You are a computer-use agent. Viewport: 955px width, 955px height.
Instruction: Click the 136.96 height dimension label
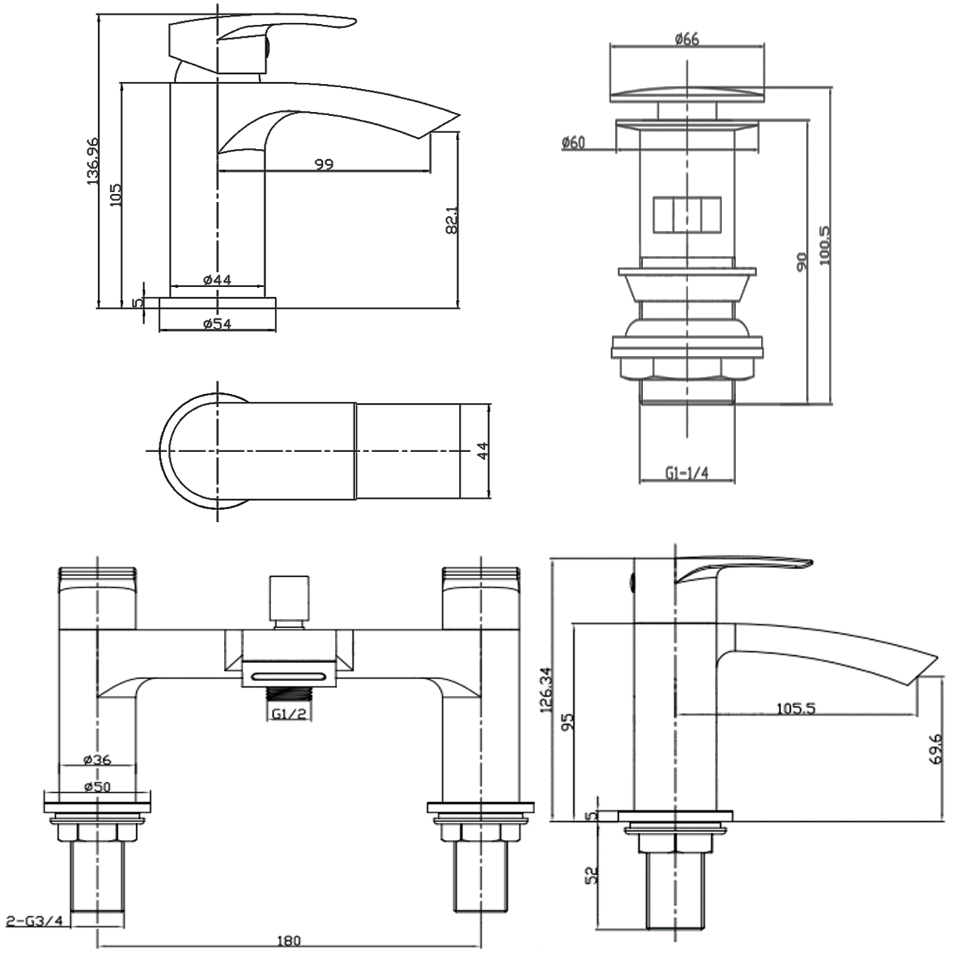click(x=93, y=161)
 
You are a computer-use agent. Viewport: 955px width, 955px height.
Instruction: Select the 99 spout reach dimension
click(x=324, y=164)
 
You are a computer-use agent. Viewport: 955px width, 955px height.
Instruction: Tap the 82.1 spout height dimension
click(x=451, y=220)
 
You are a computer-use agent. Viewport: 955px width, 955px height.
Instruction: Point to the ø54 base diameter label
click(x=217, y=324)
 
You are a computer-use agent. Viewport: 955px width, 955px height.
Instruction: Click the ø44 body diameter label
click(x=217, y=279)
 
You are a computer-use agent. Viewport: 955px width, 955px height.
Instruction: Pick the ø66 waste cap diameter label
click(x=687, y=39)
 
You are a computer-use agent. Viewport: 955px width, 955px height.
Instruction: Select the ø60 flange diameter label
click(x=574, y=143)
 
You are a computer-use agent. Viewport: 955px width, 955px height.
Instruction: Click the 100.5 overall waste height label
click(x=824, y=245)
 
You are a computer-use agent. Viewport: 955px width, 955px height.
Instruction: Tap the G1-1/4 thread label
click(x=687, y=473)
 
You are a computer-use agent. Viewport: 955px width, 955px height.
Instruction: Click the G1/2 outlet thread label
click(x=290, y=714)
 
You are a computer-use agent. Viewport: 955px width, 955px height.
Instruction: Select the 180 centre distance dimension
click(x=288, y=940)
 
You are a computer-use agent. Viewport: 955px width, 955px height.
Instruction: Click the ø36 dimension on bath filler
click(x=97, y=760)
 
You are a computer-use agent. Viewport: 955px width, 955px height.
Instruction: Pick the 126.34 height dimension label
click(x=546, y=690)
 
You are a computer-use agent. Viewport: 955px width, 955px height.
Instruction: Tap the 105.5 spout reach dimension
click(x=796, y=708)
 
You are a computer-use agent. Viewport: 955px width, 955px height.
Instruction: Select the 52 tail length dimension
click(x=593, y=875)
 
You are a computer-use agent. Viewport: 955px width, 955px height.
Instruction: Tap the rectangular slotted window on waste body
click(x=687, y=215)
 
